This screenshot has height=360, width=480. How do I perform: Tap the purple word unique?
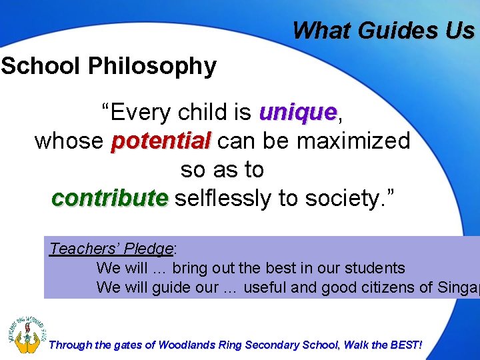pyautogui.click(x=298, y=113)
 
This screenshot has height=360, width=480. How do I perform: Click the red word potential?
pyautogui.click(x=161, y=141)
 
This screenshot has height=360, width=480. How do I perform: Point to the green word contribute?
pyautogui.click(x=109, y=198)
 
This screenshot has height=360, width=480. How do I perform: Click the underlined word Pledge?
pyautogui.click(x=151, y=249)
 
